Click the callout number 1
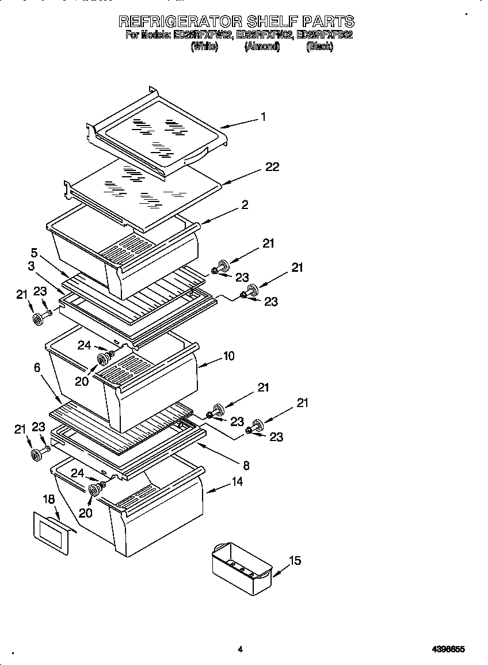pyautogui.click(x=263, y=117)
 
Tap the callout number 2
pyautogui.click(x=245, y=205)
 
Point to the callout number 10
pyautogui.click(x=228, y=356)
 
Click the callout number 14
pyautogui.click(x=237, y=481)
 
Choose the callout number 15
pyautogui.click(x=294, y=561)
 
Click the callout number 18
pyautogui.click(x=49, y=499)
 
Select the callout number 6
pyautogui.click(x=37, y=367)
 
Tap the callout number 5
pyautogui.click(x=34, y=252)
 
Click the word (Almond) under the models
pyautogui.click(x=262, y=47)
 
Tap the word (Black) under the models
pyautogui.click(x=319, y=47)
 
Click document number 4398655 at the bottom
pyautogui.click(x=448, y=649)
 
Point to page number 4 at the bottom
pyautogui.click(x=240, y=649)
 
